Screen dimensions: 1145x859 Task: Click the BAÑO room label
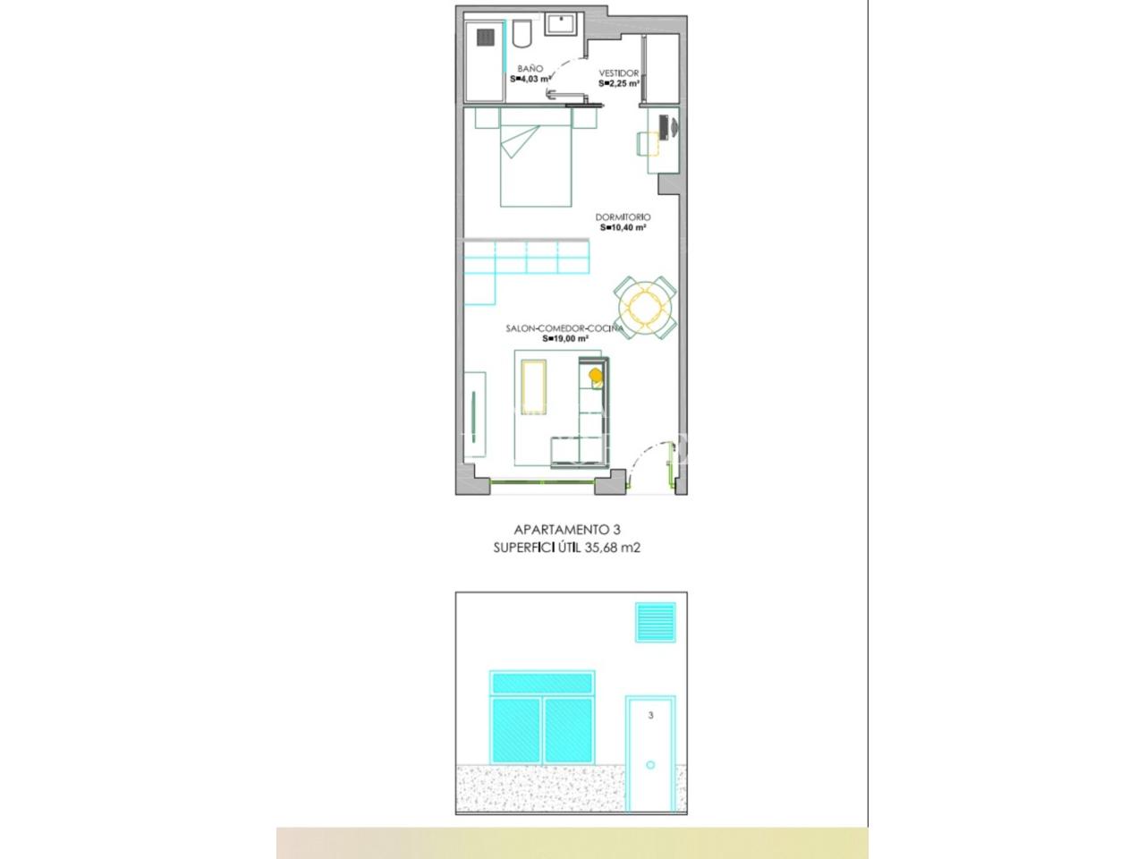tap(530, 69)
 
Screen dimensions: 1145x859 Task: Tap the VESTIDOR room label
tap(619, 73)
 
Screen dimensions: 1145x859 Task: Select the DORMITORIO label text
tap(623, 217)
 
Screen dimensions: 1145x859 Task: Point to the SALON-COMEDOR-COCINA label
tap(564, 328)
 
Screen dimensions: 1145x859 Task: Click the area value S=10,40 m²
tap(623, 227)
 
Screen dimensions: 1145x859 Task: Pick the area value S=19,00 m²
tap(565, 338)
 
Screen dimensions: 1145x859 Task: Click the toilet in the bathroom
tap(522, 33)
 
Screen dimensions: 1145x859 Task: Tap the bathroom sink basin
tap(561, 24)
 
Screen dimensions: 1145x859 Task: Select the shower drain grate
tap(485, 37)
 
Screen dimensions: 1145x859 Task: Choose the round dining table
tap(645, 308)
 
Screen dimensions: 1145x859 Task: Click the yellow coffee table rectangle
tap(534, 387)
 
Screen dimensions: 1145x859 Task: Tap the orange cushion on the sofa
tap(595, 375)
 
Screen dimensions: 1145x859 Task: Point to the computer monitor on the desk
tap(664, 127)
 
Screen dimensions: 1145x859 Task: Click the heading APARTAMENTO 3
tap(567, 530)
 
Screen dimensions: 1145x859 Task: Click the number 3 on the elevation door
tap(650, 715)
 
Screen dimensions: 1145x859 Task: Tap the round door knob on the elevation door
tap(650, 765)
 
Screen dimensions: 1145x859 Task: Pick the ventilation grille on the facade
tap(655, 622)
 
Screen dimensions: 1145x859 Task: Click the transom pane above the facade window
tap(542, 684)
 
